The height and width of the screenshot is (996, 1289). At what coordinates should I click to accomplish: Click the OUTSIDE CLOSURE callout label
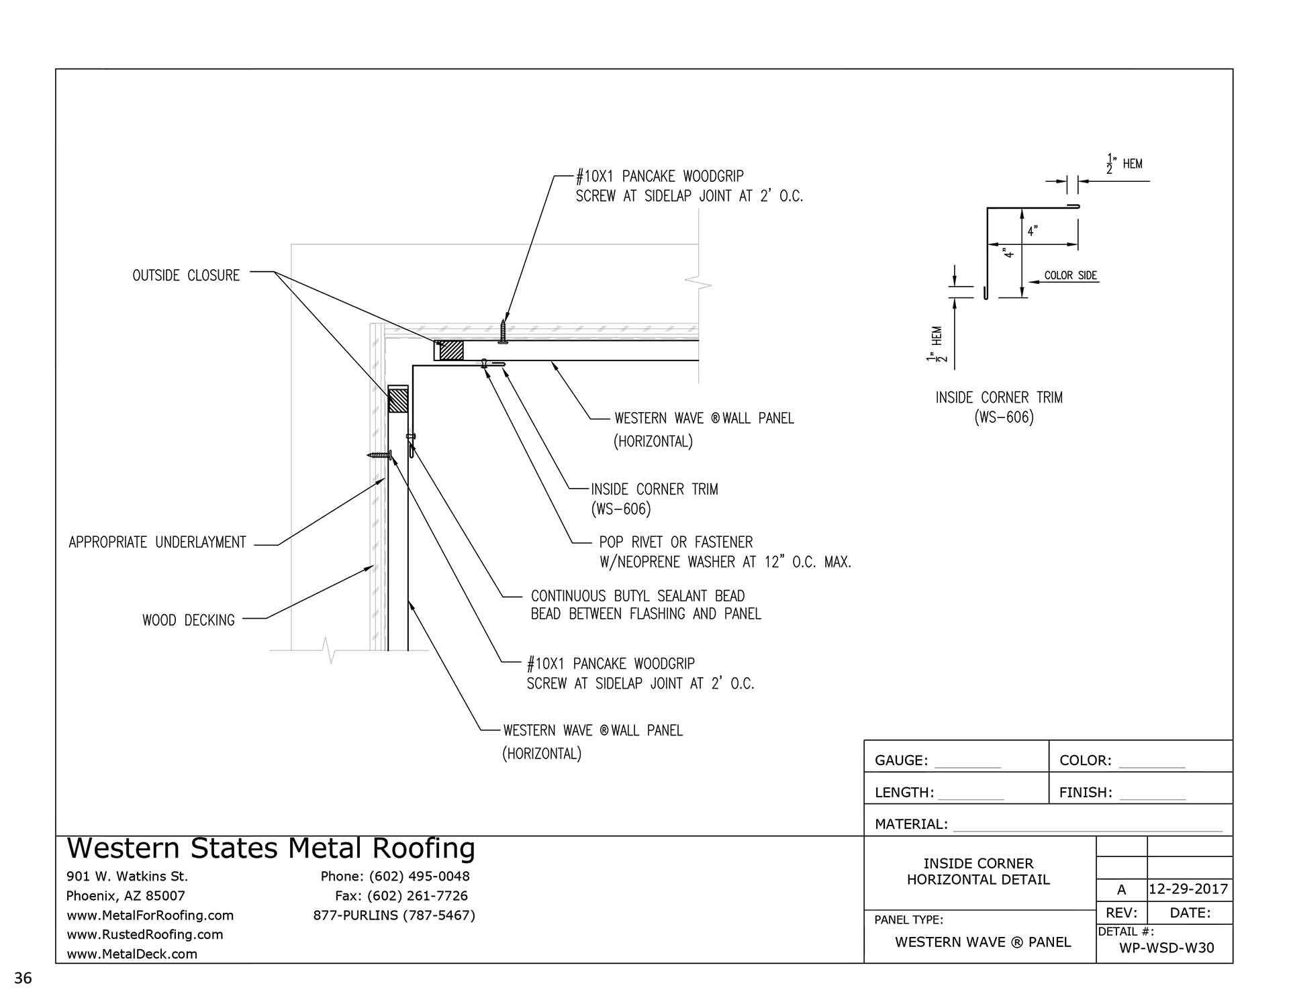(186, 275)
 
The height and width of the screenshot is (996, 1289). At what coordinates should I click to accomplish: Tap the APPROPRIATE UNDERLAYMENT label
(157, 542)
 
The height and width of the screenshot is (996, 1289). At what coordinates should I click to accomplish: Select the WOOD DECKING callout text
(189, 620)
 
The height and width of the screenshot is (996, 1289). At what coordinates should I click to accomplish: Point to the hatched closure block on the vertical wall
(398, 401)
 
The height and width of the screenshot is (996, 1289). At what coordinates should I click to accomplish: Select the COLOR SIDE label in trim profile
(1070, 275)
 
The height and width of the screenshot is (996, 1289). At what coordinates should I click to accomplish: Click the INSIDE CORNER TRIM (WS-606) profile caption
(999, 407)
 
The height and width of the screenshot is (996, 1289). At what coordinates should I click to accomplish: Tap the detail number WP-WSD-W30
(1167, 948)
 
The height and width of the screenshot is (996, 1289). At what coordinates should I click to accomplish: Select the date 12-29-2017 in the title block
(1188, 889)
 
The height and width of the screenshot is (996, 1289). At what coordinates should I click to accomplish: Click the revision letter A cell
(1121, 890)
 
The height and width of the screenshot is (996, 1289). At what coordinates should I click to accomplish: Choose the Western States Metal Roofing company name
(271, 848)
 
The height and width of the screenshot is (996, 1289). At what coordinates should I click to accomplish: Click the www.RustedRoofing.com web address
(144, 934)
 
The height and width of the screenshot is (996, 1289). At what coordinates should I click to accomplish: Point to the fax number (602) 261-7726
(401, 895)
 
